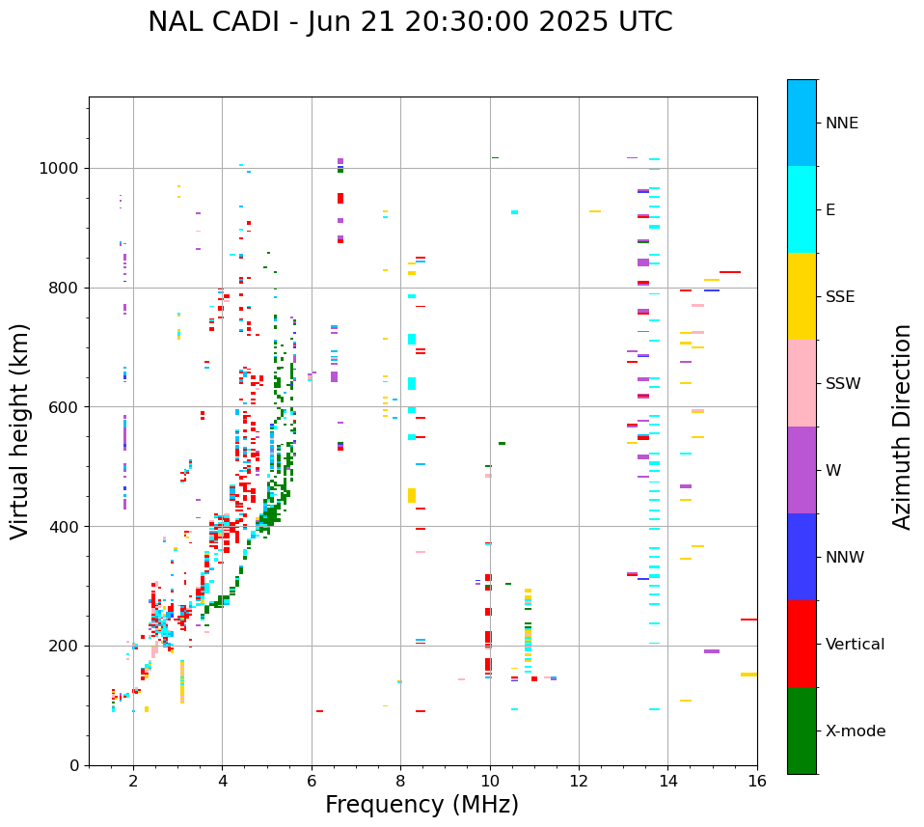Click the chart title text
click(410, 22)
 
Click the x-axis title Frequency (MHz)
click(421, 805)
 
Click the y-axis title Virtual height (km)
click(20, 430)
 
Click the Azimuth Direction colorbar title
click(902, 426)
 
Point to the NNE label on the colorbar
click(841, 124)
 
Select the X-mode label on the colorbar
click(855, 731)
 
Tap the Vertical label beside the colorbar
click(855, 645)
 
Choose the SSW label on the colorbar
click(843, 384)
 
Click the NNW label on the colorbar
click(845, 558)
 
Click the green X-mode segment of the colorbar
click(802, 731)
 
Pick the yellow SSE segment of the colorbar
click(802, 296)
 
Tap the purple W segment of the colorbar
click(802, 470)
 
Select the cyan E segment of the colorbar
click(802, 209)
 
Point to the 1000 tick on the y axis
click(62, 168)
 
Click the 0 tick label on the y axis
click(75, 765)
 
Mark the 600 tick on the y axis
click(66, 407)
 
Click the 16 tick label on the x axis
click(757, 781)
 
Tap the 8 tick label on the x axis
click(400, 781)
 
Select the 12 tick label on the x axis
click(579, 781)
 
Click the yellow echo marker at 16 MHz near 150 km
click(748, 675)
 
